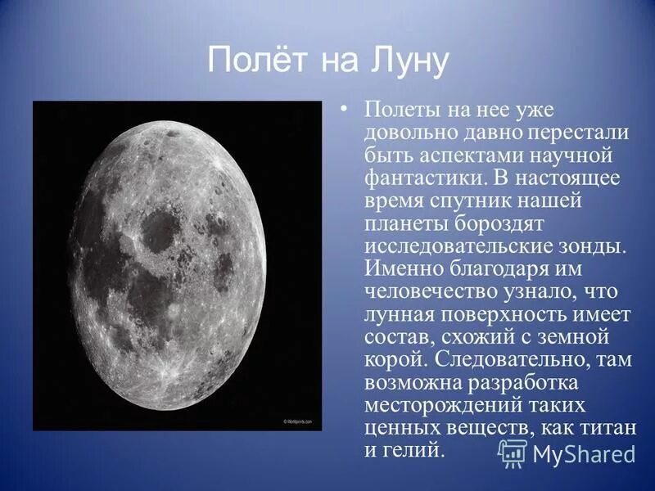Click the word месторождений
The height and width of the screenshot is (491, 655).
tap(448, 405)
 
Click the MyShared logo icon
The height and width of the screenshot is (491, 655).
tap(513, 453)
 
